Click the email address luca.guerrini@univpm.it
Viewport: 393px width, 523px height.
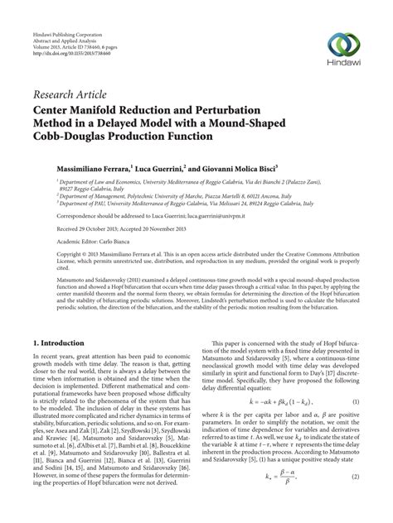click(241, 213)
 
